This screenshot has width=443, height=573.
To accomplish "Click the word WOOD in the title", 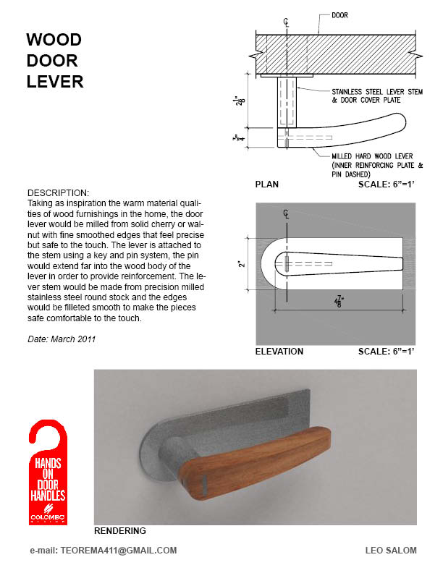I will (54, 39).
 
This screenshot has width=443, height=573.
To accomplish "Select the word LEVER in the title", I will (55, 81).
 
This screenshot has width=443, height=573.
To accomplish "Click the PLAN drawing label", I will (266, 184).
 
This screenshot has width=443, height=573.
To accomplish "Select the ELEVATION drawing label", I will (279, 352).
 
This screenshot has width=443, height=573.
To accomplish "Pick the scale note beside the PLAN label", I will (387, 184).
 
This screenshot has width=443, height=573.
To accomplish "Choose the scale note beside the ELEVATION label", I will (387, 352).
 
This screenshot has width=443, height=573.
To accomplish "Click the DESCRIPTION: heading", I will (58, 193).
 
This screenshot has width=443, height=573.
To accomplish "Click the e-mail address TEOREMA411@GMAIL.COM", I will (104, 551).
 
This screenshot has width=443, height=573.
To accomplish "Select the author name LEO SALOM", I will (391, 551).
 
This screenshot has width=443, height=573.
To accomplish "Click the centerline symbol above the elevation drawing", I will (287, 213).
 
